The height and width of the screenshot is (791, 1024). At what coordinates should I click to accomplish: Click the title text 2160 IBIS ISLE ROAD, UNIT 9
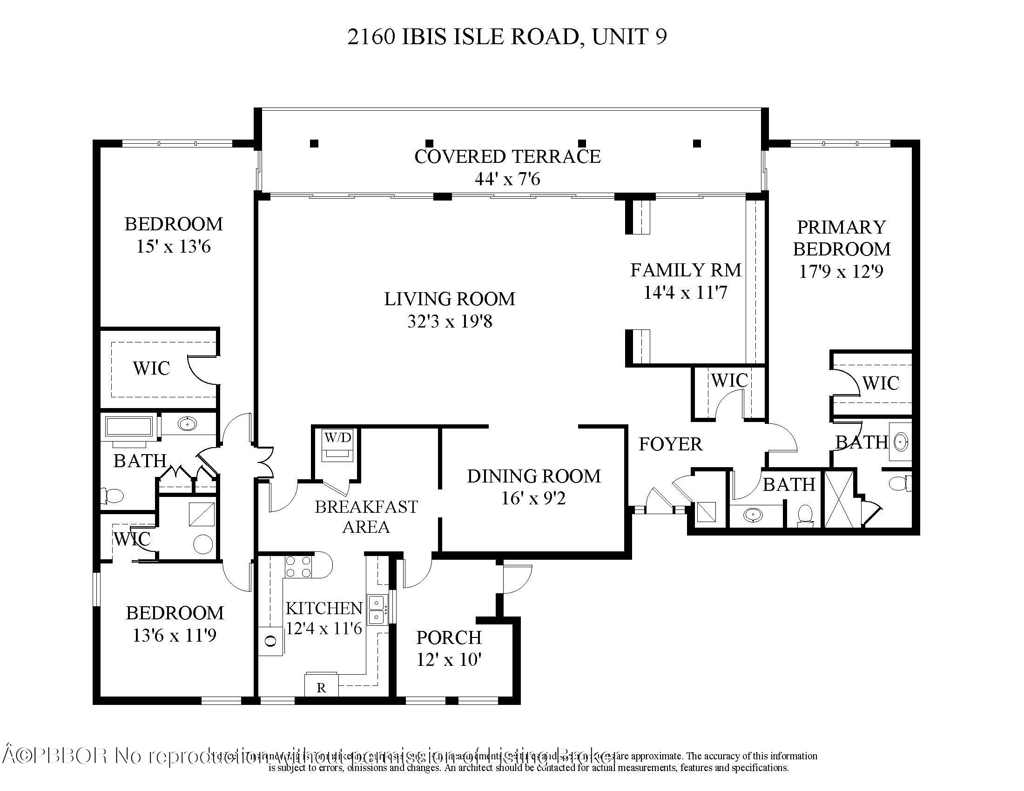507,37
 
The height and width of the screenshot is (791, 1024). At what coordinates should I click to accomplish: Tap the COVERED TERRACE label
507,156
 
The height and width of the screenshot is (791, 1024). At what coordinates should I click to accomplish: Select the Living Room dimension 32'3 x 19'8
450,322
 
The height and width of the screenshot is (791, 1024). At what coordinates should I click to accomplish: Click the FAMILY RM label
685,270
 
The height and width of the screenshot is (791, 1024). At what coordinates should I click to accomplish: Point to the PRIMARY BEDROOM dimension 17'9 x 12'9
841,271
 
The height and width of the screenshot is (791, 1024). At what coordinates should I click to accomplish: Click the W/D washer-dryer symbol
337,445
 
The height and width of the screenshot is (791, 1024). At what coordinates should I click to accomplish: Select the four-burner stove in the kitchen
299,566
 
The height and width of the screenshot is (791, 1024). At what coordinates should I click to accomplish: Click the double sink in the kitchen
378,610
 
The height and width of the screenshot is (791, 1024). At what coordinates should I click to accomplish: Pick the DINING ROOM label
533,476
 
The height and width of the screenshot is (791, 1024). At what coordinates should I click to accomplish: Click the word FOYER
670,444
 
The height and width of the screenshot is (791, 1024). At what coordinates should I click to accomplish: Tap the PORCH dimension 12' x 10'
449,660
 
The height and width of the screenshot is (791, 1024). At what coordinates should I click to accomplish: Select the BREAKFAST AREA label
366,516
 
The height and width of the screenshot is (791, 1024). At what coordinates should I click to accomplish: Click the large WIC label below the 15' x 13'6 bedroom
151,369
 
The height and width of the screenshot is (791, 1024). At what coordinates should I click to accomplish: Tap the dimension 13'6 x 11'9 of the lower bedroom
175,636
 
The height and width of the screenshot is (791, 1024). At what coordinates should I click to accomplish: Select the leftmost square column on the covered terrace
314,143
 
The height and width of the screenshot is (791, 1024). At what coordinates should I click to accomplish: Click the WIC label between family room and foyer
729,381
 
